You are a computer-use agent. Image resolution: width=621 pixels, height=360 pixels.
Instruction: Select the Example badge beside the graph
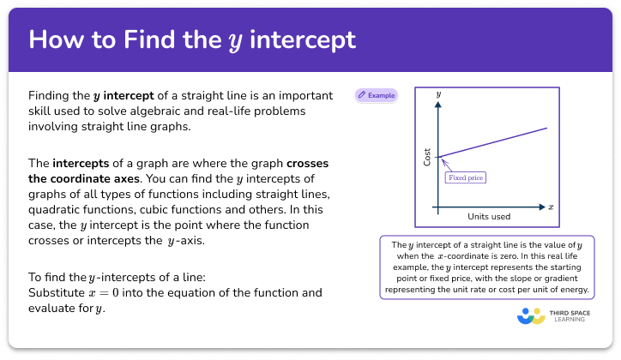[377, 95]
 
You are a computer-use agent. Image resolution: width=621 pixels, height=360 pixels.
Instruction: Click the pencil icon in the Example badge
[362, 95]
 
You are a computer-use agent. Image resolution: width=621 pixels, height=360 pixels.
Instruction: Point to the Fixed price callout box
[464, 178]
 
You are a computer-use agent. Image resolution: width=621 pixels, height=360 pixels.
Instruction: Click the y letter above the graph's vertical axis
[438, 92]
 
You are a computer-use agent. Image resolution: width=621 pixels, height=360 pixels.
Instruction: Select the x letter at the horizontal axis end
[551, 207]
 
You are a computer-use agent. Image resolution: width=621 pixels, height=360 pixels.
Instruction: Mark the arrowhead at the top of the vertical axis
[438, 104]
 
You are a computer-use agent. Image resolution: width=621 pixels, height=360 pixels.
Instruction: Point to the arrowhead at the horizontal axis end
[540, 207]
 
